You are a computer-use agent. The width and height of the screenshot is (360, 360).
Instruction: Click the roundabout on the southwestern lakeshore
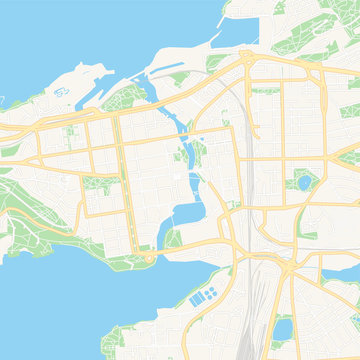click(150, 258)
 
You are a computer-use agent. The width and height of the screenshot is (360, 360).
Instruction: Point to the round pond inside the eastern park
click(303, 183)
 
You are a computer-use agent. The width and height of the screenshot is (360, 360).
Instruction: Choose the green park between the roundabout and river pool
click(172, 239)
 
